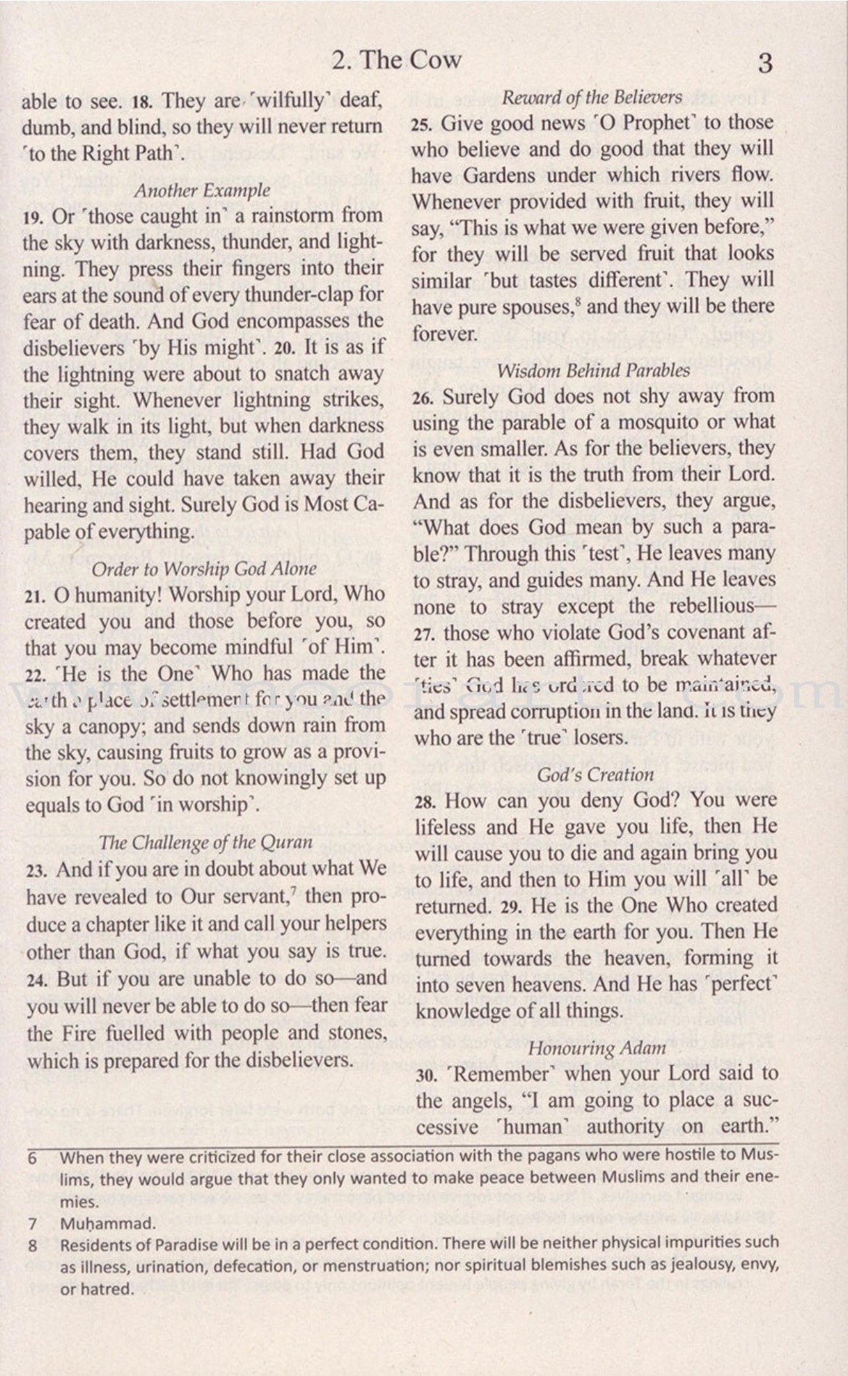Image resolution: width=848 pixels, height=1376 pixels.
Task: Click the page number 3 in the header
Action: click(765, 64)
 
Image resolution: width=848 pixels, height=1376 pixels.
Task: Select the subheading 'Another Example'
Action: click(202, 191)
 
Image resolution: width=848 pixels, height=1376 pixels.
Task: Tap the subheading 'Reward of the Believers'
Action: click(592, 97)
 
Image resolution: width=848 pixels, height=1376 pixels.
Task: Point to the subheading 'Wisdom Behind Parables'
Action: click(594, 371)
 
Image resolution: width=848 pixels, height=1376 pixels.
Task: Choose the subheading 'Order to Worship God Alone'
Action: click(204, 569)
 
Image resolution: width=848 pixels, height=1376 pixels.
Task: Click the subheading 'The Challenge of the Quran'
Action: click(206, 842)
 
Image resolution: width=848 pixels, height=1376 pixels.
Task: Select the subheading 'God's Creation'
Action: click(595, 774)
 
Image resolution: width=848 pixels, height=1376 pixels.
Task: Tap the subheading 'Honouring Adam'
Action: click(596, 1048)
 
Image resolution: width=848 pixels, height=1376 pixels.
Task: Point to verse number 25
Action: click(421, 125)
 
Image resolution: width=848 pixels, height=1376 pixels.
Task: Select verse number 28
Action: click(425, 802)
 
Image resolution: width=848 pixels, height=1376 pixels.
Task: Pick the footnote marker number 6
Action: click(32, 1158)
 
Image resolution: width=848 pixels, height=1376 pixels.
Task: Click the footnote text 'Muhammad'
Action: click(107, 1225)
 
